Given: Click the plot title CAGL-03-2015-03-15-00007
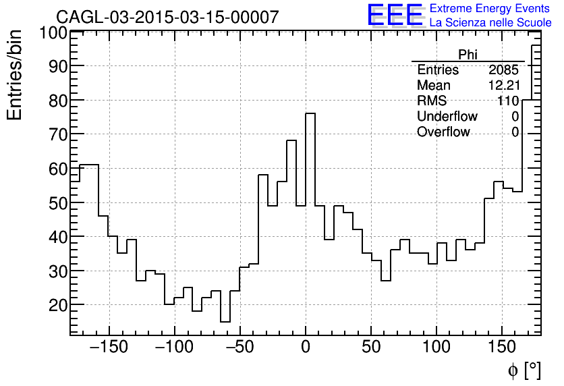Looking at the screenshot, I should pyautogui.click(x=167, y=17).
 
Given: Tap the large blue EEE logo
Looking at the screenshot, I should pyautogui.click(x=395, y=16).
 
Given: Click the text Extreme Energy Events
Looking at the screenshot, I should pyautogui.click(x=490, y=9).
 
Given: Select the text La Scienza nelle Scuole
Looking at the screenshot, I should pyautogui.click(x=490, y=23).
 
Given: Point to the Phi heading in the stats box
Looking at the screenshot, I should pyautogui.click(x=468, y=55).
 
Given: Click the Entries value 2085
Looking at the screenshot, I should pyautogui.click(x=503, y=70).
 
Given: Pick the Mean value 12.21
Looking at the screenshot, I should pyautogui.click(x=503, y=86).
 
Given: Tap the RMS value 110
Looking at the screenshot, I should pyautogui.click(x=508, y=101).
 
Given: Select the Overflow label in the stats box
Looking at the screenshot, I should pyautogui.click(x=443, y=132).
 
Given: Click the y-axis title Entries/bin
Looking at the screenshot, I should pyautogui.click(x=15, y=75).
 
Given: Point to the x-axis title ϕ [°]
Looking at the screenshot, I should pyautogui.click(x=524, y=370).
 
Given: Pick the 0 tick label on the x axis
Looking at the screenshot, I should pyautogui.click(x=306, y=348).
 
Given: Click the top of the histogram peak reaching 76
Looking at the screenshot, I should pyautogui.click(x=310, y=113).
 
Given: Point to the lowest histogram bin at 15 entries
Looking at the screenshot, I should pyautogui.click(x=225, y=322).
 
